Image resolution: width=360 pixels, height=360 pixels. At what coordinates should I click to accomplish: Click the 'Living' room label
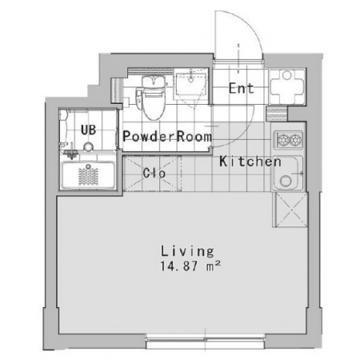(187, 251)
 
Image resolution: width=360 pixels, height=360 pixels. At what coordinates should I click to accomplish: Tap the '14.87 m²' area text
(190, 266)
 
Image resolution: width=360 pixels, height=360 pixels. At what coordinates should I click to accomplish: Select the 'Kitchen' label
(250, 162)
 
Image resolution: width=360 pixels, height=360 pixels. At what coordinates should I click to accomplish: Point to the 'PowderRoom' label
(167, 136)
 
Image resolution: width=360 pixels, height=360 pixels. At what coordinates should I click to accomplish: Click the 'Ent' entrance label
(241, 88)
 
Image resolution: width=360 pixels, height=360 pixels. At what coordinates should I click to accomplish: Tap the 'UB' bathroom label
(88, 130)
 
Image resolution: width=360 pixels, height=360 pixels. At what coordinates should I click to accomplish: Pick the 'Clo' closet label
(154, 173)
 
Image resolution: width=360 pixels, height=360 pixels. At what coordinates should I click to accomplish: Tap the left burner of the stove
(282, 139)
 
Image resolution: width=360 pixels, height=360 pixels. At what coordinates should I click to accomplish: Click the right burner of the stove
(296, 139)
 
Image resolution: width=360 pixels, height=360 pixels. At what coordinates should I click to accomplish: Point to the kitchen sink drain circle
(285, 181)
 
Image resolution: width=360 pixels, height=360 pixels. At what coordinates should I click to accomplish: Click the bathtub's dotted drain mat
(88, 176)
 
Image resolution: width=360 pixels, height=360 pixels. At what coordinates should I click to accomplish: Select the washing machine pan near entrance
(287, 86)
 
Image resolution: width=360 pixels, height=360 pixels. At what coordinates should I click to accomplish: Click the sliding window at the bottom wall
(205, 341)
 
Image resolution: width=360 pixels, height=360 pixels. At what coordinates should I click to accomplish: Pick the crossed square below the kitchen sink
(290, 210)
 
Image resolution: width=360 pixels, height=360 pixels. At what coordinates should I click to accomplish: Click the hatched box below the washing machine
(277, 114)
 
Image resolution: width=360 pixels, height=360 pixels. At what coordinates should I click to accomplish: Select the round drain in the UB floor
(88, 146)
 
